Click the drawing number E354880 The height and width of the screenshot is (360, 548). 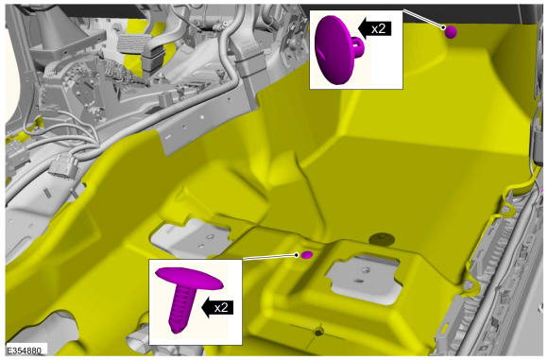25,350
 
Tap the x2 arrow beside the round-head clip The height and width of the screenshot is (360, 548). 374,28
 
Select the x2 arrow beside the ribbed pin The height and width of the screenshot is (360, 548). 217,307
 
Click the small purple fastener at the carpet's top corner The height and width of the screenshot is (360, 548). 451,32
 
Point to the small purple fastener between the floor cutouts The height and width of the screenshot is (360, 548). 307,255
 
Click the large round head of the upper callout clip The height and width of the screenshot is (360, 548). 334,50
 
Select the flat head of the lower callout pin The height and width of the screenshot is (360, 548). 189,278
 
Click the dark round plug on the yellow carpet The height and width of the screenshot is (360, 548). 382,239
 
